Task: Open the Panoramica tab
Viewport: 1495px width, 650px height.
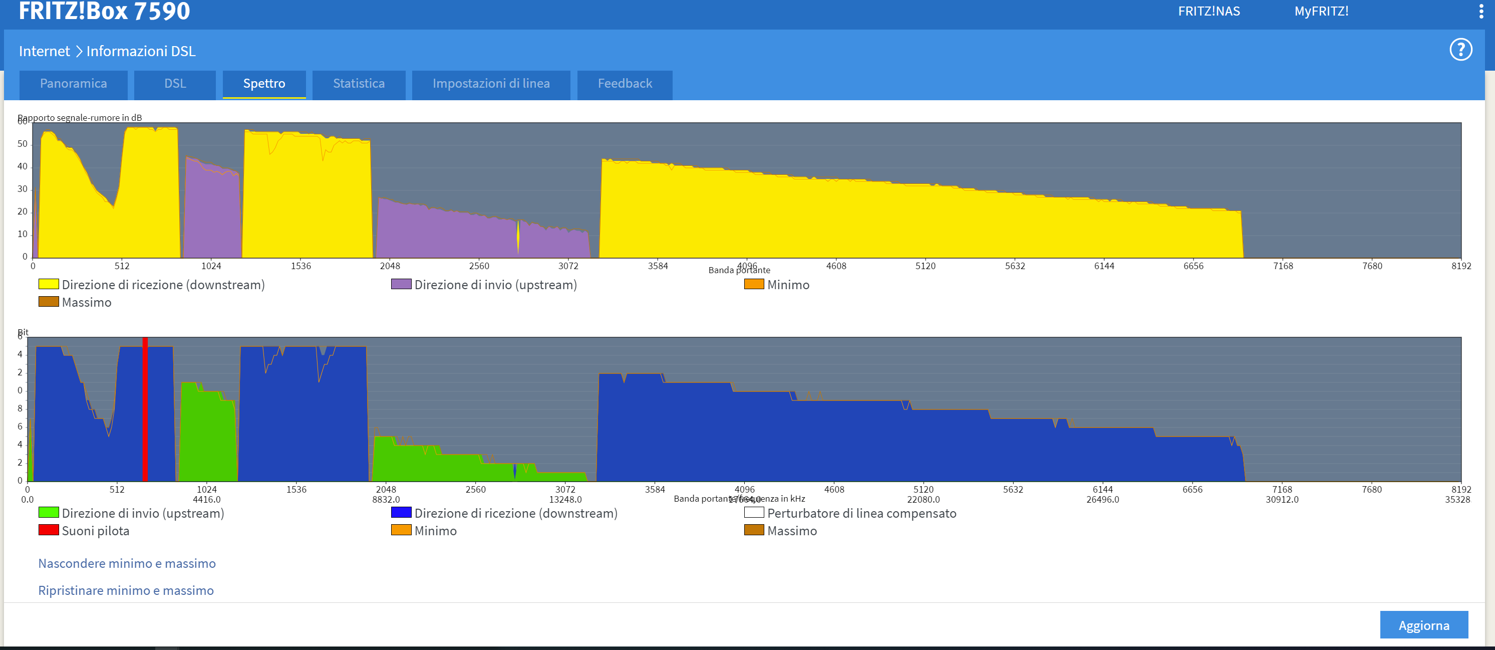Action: click(x=73, y=84)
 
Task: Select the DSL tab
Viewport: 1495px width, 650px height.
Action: click(x=175, y=84)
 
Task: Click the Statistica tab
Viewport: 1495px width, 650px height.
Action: click(x=359, y=84)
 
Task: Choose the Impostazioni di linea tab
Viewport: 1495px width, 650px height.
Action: click(x=491, y=84)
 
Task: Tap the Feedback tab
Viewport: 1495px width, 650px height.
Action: click(x=625, y=84)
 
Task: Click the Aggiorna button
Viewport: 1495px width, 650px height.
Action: click(x=1423, y=625)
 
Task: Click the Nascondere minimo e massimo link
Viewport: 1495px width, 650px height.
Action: click(x=127, y=563)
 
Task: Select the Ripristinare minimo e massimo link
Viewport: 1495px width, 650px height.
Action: click(x=126, y=590)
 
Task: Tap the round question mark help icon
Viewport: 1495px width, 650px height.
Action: click(x=1460, y=50)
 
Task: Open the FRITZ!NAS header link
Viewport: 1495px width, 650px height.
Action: click(x=1209, y=12)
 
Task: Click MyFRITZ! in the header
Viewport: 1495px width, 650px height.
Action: click(x=1321, y=12)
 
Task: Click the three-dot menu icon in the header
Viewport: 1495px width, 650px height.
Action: click(x=1481, y=12)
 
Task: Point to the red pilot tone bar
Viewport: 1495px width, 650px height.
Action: click(x=145, y=409)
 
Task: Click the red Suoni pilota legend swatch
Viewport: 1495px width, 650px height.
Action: click(x=49, y=530)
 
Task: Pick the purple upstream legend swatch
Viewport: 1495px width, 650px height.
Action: click(x=401, y=284)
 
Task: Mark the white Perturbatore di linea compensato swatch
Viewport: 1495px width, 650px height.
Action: click(x=754, y=512)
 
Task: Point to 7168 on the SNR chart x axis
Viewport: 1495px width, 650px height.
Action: click(x=1283, y=266)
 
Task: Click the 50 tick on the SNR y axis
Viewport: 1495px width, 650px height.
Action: click(x=23, y=143)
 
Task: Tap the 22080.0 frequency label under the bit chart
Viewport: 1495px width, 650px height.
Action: click(x=924, y=500)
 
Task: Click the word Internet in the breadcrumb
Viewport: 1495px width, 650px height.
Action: click(x=44, y=51)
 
